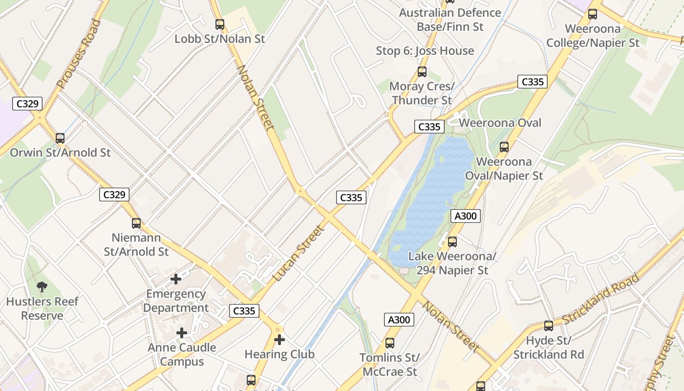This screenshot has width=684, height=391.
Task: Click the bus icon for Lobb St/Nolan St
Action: tap(220, 24)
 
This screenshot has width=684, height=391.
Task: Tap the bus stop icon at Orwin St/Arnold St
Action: tap(60, 138)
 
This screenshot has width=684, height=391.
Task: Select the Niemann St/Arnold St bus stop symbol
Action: tap(136, 223)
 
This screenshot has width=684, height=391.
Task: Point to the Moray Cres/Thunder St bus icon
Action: tap(422, 72)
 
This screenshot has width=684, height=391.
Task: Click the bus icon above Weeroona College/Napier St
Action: tap(593, 14)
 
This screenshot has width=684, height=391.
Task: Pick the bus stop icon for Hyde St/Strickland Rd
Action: tap(549, 326)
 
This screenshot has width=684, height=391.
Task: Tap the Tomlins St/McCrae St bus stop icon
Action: tap(389, 343)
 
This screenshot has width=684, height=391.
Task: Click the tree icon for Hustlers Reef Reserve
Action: tap(42, 287)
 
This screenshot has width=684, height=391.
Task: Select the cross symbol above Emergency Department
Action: tap(176, 279)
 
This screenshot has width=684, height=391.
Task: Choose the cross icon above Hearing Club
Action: tap(279, 339)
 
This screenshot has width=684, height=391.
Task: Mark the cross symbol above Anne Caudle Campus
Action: tap(182, 333)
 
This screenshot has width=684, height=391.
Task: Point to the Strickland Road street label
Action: tap(600, 299)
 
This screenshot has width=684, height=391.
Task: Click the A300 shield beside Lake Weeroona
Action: tap(465, 216)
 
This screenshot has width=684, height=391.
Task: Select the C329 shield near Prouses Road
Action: tap(27, 104)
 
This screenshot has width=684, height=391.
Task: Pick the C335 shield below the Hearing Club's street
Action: tap(244, 311)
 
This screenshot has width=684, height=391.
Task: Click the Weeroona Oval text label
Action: tap(500, 123)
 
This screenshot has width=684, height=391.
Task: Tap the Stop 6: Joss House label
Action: tap(425, 51)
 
